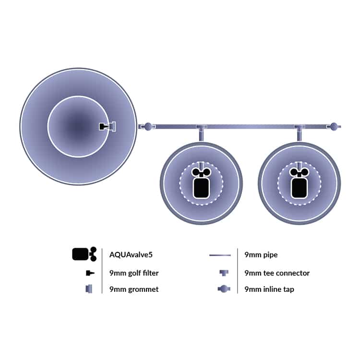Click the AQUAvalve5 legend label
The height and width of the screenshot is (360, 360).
[131, 254]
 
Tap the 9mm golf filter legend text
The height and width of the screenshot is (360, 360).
[134, 273]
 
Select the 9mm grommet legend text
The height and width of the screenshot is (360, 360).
[134, 289]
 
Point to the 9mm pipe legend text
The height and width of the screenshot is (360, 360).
[261, 255]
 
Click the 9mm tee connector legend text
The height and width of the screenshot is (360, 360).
[277, 273]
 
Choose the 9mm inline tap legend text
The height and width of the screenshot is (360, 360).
[269, 289]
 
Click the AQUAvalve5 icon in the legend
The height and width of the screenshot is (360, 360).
[84, 254]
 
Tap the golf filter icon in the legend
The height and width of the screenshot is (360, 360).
[90, 273]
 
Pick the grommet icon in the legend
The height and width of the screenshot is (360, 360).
[89, 289]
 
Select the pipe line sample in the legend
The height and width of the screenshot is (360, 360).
[220, 255]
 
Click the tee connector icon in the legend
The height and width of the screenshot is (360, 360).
[224, 273]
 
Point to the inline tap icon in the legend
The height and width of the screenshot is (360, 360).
[224, 289]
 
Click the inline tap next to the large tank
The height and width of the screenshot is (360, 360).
[148, 127]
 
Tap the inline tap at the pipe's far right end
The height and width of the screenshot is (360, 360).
[334, 127]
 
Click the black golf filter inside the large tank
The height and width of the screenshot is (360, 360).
[104, 126]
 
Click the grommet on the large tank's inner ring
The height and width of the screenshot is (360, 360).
[113, 127]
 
